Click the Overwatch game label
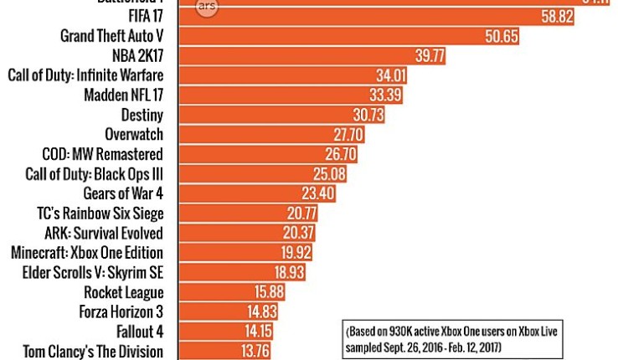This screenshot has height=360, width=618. (x=134, y=135)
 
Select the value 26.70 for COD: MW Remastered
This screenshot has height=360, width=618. (x=341, y=155)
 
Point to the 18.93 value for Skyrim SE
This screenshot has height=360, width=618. (x=287, y=273)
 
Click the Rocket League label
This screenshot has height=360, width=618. (x=124, y=293)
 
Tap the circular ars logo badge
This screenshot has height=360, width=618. (x=206, y=5)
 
